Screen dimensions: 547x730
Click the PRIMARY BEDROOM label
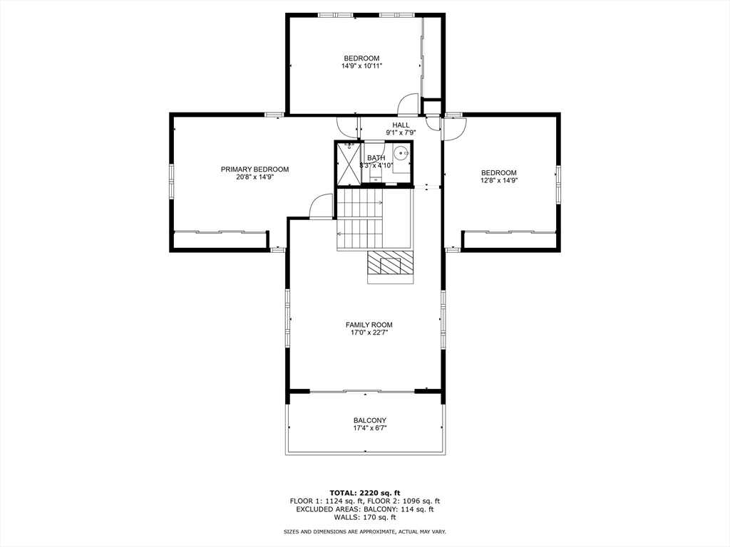(255, 169)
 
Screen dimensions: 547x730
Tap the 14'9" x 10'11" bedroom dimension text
(361, 66)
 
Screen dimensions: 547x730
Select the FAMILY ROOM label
(369, 325)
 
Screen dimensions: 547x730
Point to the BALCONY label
(369, 420)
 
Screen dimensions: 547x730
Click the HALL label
(401, 125)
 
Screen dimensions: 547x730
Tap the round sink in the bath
(401, 153)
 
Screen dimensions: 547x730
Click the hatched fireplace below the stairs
(390, 266)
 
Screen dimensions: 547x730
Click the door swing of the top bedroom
(408, 105)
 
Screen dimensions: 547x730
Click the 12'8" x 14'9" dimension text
(498, 180)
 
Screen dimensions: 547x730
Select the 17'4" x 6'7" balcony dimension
(369, 428)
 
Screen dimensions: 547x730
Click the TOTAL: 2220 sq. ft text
(364, 492)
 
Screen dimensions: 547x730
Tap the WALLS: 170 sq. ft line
(364, 518)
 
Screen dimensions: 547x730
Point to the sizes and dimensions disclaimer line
(364, 531)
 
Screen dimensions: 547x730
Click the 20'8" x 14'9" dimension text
(255, 177)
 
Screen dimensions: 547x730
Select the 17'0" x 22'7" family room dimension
(369, 333)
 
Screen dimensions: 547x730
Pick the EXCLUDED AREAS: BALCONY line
(364, 509)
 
